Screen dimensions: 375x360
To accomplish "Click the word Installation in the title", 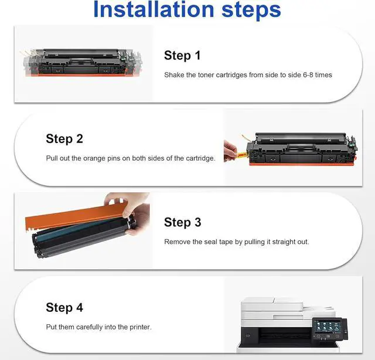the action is click(x=154, y=9).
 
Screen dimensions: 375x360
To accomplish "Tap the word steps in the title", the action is click(x=251, y=11).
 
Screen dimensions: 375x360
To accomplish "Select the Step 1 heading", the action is click(x=182, y=56).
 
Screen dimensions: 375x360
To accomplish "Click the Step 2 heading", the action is click(x=64, y=139).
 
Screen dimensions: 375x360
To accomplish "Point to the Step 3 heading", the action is click(x=182, y=222).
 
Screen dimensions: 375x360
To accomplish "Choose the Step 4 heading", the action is click(x=64, y=308).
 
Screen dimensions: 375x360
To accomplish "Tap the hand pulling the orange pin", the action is click(x=230, y=151).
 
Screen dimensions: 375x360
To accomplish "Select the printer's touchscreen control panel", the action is click(x=329, y=328).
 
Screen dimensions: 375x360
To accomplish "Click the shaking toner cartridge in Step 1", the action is click(x=83, y=62).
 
